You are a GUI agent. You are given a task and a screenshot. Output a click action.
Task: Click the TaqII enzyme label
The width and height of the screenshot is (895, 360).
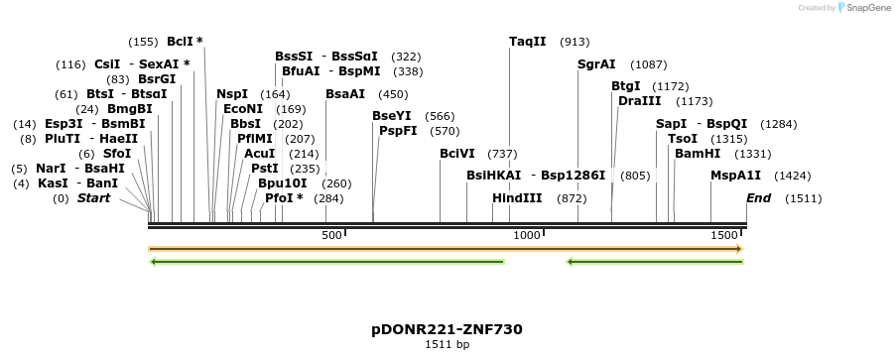(x=527, y=42)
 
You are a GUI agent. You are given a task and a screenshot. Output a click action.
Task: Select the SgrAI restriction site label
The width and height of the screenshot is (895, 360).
(x=596, y=64)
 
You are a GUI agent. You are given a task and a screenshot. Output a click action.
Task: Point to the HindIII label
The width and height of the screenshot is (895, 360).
(x=517, y=198)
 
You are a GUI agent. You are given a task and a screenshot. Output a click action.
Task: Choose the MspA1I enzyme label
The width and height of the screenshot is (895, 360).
(x=735, y=176)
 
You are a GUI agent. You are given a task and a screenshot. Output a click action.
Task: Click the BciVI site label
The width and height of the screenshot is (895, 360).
(x=457, y=154)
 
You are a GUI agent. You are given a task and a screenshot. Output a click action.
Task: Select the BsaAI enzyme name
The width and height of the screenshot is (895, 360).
(x=345, y=94)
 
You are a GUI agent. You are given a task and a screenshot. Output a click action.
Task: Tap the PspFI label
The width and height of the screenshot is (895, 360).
(x=398, y=131)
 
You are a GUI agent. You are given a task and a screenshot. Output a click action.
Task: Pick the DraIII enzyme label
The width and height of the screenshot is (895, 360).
(x=639, y=101)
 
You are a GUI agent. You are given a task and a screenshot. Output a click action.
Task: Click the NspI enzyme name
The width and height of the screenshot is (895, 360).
(x=232, y=94)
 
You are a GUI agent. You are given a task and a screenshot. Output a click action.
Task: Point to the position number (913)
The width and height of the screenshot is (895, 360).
(x=575, y=42)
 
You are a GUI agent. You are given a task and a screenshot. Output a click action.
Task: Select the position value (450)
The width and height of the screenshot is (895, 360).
(x=393, y=94)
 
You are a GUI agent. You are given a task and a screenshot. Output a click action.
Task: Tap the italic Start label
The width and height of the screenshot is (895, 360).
(x=93, y=198)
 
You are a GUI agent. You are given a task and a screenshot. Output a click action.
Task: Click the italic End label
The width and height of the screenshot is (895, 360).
(x=758, y=198)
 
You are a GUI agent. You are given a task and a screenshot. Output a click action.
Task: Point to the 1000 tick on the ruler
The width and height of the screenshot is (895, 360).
(x=526, y=235)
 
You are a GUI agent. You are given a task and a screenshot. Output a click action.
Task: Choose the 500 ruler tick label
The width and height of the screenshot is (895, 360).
(x=331, y=235)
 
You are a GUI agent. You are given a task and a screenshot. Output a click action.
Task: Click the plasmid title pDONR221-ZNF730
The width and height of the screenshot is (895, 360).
(x=447, y=329)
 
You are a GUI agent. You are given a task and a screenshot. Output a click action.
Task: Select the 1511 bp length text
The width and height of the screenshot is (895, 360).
(x=447, y=345)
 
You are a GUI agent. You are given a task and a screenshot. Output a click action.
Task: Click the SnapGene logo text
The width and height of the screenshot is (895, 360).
(x=867, y=8)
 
